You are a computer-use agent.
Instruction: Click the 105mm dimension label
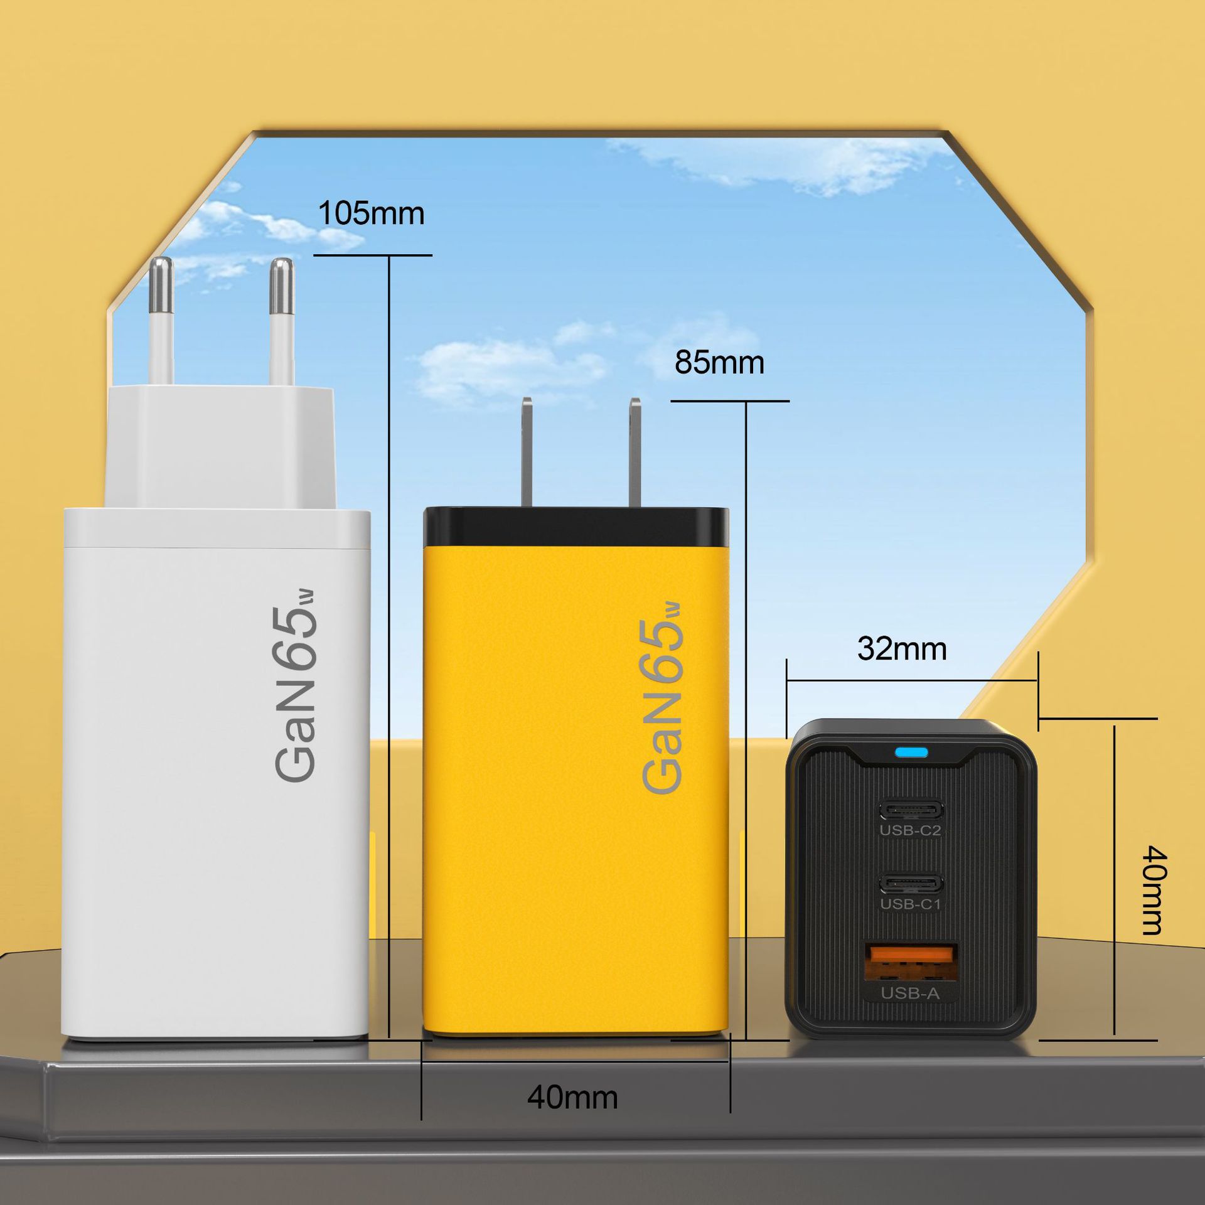tap(371, 213)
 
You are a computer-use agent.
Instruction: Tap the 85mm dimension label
tap(719, 363)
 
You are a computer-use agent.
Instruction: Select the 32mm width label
tap(902, 648)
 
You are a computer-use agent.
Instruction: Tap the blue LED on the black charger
tap(913, 752)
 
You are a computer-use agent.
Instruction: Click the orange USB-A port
tap(911, 962)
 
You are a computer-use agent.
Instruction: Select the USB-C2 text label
tap(910, 830)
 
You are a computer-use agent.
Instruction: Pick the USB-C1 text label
tap(910, 903)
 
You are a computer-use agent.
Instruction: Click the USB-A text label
tap(910, 993)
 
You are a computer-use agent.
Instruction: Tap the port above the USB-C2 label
tap(911, 810)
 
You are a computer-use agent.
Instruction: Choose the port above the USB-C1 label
tap(911, 884)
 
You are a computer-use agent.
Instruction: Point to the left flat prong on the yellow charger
tap(527, 452)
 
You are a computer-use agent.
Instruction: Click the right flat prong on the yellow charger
tap(635, 452)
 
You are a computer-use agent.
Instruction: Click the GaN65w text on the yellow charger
tap(661, 698)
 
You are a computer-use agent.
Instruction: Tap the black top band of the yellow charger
tap(576, 526)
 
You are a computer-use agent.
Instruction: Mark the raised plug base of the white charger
tap(220, 447)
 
